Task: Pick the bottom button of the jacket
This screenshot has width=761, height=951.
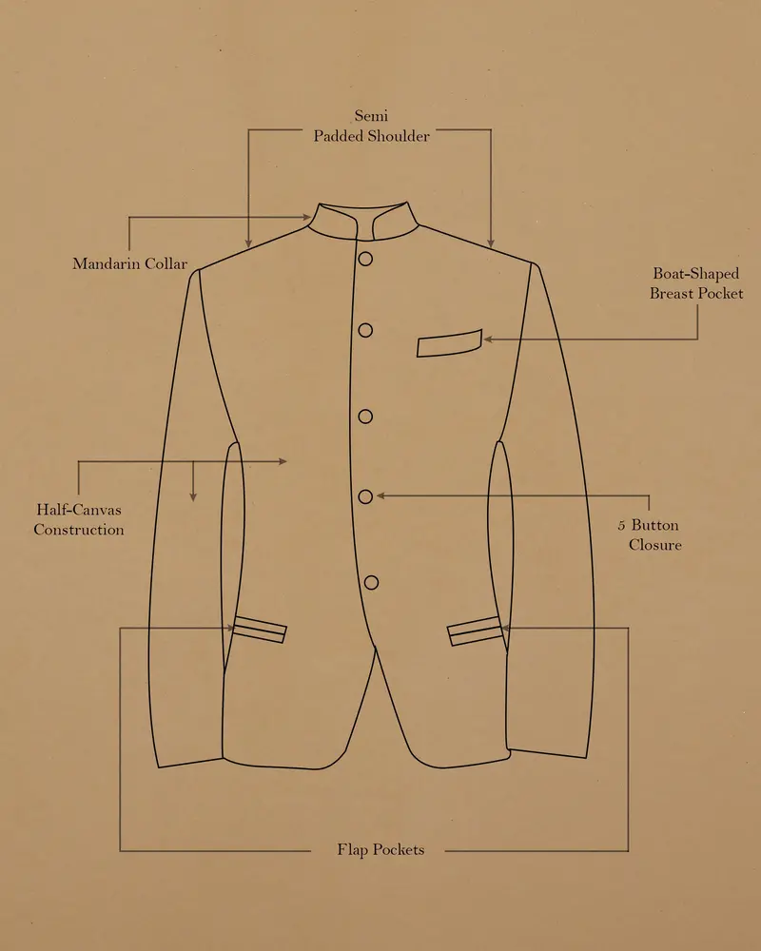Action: tap(371, 583)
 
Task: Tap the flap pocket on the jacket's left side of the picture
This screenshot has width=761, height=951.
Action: tap(259, 629)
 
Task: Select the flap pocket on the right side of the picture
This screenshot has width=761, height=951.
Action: tap(476, 631)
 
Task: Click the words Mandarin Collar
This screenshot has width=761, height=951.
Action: tap(130, 263)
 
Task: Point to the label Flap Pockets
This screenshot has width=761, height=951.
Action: tap(380, 849)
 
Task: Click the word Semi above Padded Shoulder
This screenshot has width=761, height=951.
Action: tap(371, 115)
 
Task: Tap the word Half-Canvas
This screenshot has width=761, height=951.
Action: tap(79, 510)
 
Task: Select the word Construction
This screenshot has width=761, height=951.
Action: tap(79, 530)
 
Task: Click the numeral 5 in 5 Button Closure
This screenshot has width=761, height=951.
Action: tap(621, 525)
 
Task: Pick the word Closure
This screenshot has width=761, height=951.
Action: tap(654, 545)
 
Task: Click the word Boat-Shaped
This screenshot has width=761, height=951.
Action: tap(696, 274)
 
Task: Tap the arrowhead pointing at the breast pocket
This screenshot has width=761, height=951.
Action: tap(487, 340)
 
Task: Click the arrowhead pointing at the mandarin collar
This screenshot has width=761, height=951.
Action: tap(307, 217)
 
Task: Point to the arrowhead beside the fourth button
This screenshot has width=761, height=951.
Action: tap(380, 495)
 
